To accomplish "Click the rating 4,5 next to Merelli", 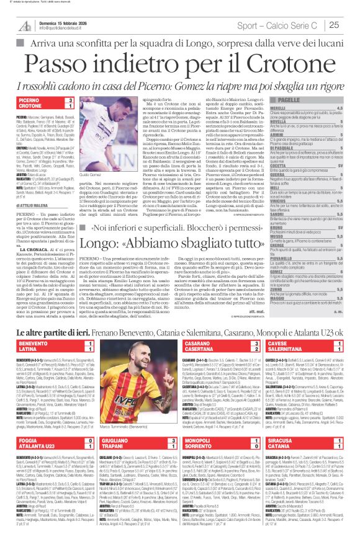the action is tap(351, 107).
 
